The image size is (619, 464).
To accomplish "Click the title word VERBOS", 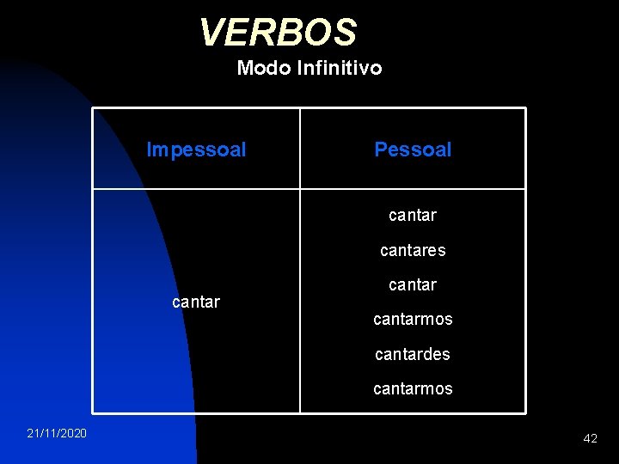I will [x=278, y=33].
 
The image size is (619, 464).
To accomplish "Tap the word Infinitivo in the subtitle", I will [x=339, y=67].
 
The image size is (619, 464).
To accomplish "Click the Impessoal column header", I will [x=196, y=150].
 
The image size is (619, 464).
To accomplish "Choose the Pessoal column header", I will [x=413, y=150].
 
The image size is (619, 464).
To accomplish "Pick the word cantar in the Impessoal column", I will [x=196, y=302].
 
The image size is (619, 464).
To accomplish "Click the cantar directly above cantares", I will [x=413, y=216].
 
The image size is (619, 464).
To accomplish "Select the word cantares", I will [x=413, y=250].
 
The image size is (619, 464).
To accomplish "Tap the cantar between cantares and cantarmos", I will [x=413, y=284].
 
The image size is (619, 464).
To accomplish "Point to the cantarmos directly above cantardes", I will [x=413, y=319].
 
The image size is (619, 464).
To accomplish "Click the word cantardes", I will [x=413, y=354].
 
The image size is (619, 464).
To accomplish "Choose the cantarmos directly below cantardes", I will [x=413, y=388].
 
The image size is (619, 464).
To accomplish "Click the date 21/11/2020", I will [x=57, y=433].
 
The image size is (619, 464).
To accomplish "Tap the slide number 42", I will [x=590, y=438].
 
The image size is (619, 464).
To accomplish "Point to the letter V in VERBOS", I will [x=211, y=33].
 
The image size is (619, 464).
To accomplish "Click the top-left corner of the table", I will [x=93, y=108].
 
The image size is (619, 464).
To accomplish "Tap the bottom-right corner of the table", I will [x=524, y=412].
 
